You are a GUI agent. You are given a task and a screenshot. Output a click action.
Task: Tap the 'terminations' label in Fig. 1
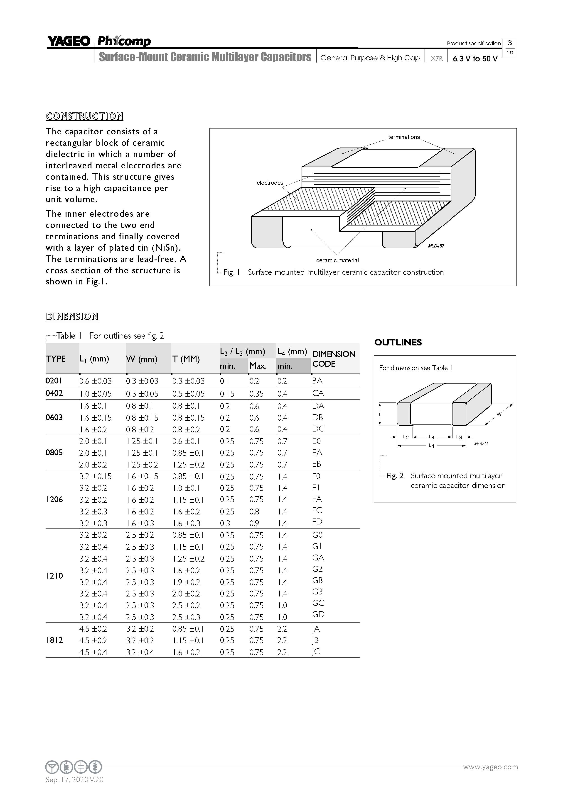point(404,137)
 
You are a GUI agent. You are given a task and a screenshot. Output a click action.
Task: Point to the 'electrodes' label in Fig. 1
point(270,183)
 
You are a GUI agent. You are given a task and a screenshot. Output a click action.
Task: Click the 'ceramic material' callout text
point(337,260)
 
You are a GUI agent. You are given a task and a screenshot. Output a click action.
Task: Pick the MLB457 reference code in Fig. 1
point(436,246)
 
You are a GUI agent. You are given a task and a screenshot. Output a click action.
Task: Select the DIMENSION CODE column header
point(334,359)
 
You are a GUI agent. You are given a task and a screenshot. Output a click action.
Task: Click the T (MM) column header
point(186,359)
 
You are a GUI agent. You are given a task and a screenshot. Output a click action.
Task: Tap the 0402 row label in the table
point(54,393)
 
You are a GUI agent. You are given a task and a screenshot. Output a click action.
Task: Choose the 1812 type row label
point(54,640)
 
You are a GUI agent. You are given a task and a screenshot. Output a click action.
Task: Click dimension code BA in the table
point(317,381)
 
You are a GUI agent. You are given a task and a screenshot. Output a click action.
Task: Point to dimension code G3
point(317,592)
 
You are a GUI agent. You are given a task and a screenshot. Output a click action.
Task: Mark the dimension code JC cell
point(315,652)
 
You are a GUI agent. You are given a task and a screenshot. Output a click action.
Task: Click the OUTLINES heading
point(398,342)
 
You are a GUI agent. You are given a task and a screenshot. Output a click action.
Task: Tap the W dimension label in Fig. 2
point(499,414)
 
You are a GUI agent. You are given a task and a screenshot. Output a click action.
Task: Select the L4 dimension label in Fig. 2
point(431,437)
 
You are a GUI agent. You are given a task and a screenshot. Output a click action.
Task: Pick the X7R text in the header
point(436,58)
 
